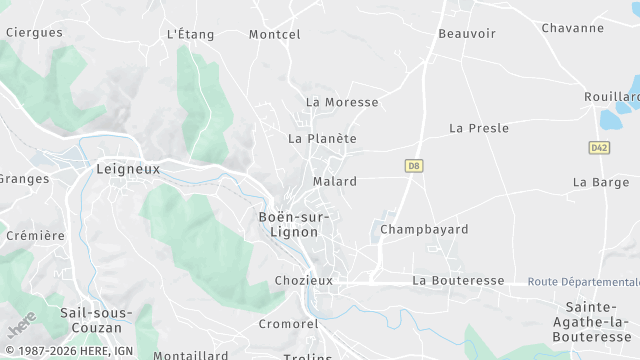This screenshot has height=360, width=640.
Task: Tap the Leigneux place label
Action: [x=128, y=169]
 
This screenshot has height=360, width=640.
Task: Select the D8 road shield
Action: [x=413, y=165]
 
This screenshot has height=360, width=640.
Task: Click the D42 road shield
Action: [x=599, y=147]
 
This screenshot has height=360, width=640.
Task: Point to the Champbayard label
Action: [x=424, y=229]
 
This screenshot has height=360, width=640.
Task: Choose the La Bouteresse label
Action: [x=458, y=281]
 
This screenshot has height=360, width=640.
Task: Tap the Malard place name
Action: [x=334, y=182]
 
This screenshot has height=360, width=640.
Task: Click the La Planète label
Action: [x=322, y=138]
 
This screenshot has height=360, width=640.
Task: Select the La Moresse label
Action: [x=342, y=102]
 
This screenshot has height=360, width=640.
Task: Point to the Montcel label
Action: [x=274, y=34]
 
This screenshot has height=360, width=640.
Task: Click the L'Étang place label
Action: [x=190, y=34]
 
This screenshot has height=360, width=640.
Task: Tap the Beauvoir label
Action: [x=467, y=33]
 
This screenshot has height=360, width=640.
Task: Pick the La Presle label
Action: [x=479, y=128]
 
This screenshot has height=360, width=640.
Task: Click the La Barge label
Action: [x=600, y=182]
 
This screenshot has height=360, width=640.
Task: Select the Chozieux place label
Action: [x=304, y=281]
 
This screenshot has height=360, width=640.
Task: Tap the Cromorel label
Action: [x=288, y=324]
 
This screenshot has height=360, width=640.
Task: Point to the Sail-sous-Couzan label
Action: [x=95, y=319]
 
